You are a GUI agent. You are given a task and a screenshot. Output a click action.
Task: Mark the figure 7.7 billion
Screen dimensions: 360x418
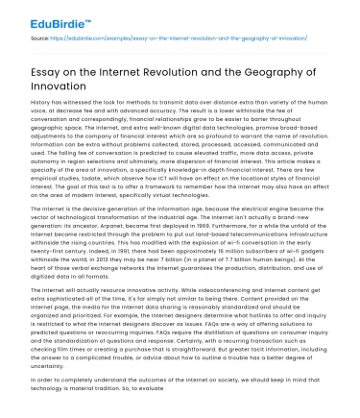pos(248,258)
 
